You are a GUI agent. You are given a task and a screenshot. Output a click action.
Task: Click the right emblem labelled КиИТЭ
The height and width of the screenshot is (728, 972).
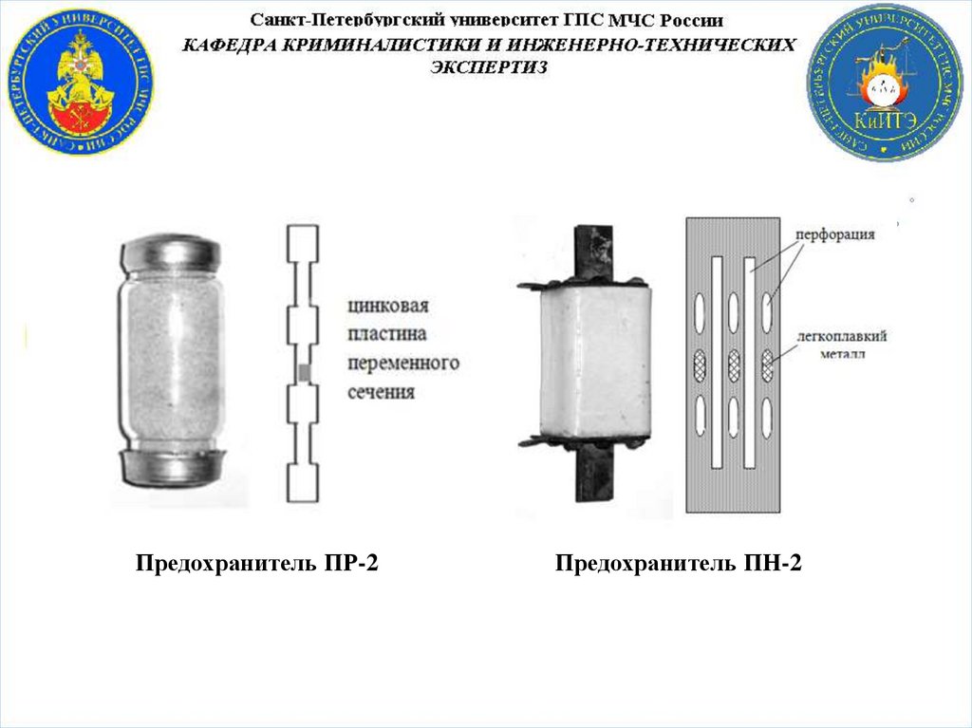point(885,82)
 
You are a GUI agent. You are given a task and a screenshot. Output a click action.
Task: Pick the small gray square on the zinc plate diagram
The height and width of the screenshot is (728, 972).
point(305,372)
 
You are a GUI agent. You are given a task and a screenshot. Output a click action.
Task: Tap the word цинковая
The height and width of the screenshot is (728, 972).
point(389,307)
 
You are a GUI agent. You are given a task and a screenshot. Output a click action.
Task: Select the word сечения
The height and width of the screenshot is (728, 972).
point(381,391)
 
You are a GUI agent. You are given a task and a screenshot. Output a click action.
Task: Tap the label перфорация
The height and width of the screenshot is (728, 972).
point(836,234)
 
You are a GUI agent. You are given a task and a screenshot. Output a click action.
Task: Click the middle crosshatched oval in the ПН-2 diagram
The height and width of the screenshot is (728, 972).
point(733,362)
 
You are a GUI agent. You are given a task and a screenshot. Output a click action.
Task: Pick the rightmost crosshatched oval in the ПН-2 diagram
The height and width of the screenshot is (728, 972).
point(767,362)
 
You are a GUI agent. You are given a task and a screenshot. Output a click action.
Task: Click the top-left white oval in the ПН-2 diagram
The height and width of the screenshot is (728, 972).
point(701,309)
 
